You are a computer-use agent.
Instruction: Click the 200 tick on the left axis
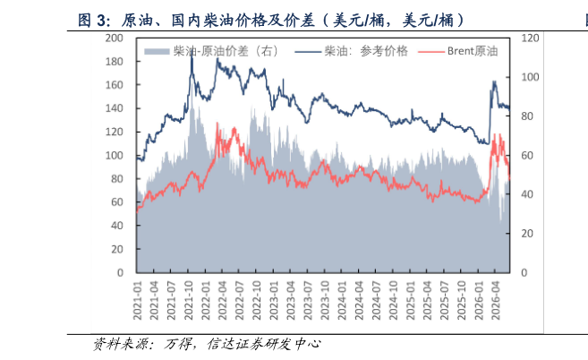pos(114,38)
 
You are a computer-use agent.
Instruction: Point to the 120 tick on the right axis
pos(530,38)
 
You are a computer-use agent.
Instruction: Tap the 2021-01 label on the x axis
pos(138,301)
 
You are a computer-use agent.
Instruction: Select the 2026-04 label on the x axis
pos(496,301)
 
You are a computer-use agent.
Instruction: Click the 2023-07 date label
pos(308,301)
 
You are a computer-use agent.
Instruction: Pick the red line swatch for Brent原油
pos(431,51)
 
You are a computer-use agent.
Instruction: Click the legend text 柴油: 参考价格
pos(366,51)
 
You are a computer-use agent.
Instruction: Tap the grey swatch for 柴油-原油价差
pos(157,51)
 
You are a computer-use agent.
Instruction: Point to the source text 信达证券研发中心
pos(264,344)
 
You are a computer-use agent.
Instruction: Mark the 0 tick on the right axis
pos(524,272)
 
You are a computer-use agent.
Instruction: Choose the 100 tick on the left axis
pos(114,155)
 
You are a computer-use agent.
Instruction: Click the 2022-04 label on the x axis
pos(223,301)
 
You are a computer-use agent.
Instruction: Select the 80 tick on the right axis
pos(527,116)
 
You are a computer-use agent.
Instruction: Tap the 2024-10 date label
pos(394,301)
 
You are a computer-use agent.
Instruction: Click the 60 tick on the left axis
pos(117,202)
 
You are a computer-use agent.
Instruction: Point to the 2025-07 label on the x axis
pos(445,301)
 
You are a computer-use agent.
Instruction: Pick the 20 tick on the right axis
pos(527,234)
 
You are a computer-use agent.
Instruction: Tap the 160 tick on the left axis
pos(114,85)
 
